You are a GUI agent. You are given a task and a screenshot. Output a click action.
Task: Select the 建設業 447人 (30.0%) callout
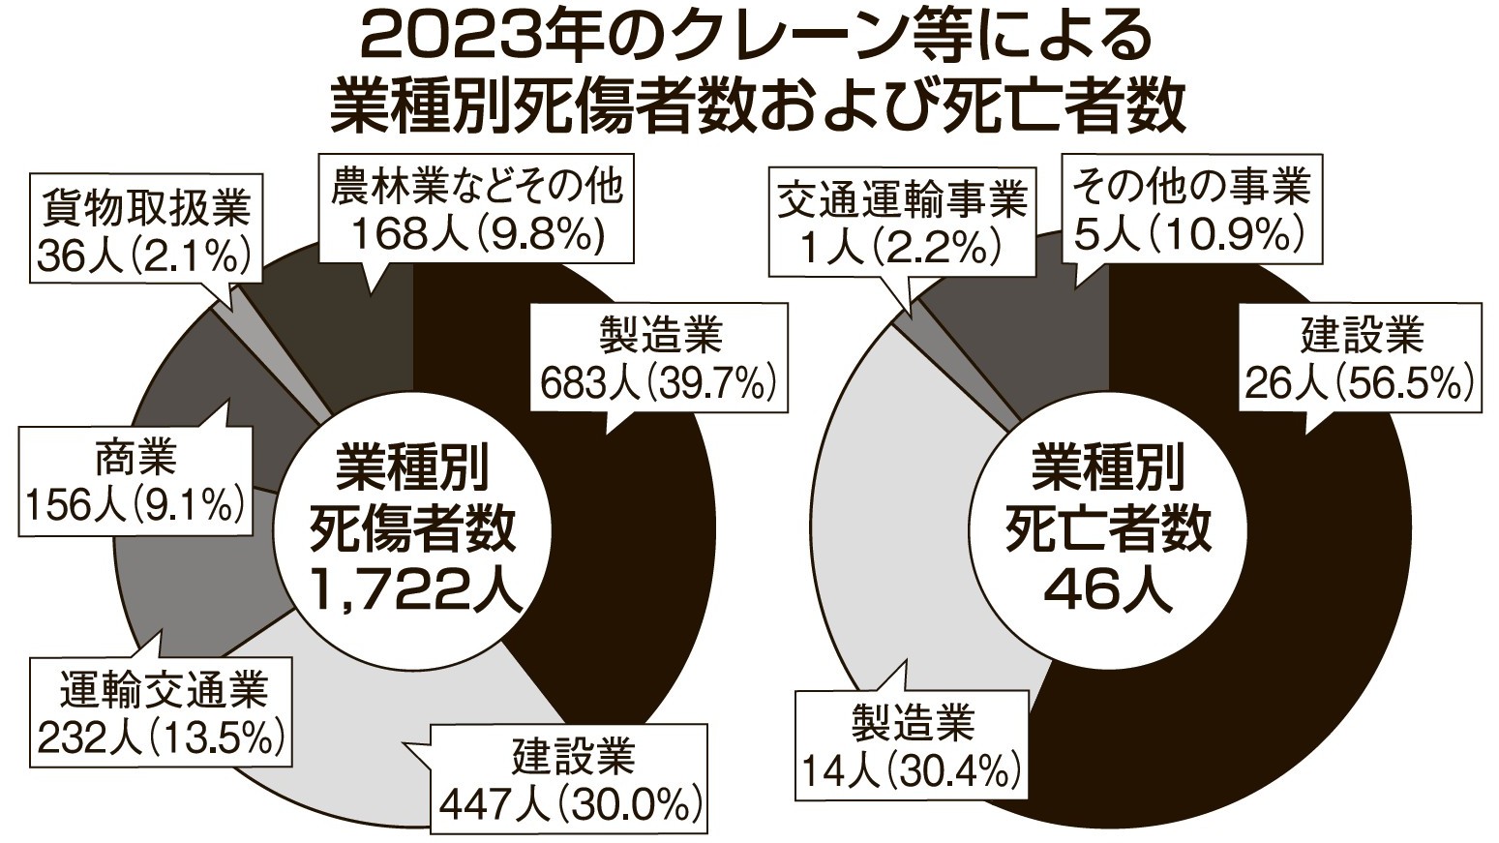point(571,779)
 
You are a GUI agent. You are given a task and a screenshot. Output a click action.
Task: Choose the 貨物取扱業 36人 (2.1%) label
point(145,229)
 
